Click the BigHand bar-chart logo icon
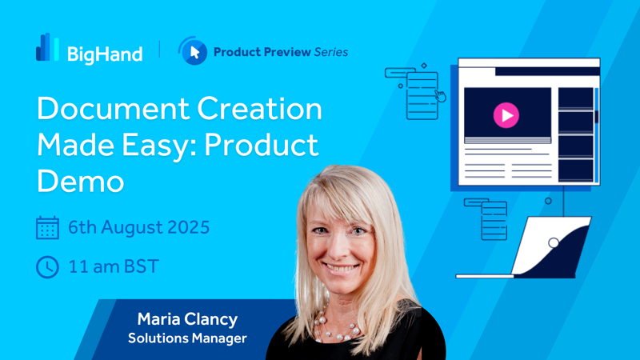47,47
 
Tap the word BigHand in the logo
105,54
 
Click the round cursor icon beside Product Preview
193,51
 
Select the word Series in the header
331,52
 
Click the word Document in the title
113,109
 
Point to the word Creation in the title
259,109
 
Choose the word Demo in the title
81,182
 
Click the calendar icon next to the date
47,227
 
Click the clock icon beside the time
47,267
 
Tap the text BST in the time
142,266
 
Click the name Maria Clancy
187,319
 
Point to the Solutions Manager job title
187,338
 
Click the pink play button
506,115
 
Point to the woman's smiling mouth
341,268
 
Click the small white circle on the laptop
554,243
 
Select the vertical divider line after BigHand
159,49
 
